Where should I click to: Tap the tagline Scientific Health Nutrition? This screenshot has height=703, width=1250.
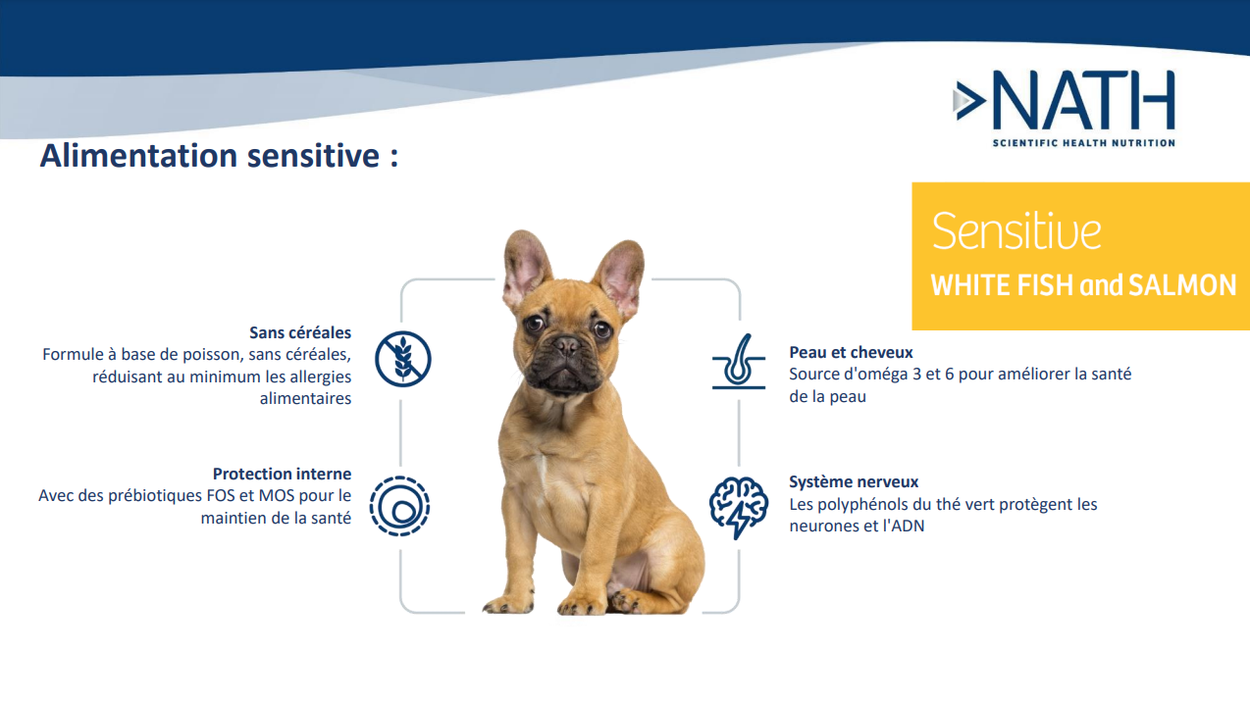pos(1084,143)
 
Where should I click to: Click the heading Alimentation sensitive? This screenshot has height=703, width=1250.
pos(219,156)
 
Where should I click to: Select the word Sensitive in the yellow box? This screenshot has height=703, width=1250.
pos(1016,230)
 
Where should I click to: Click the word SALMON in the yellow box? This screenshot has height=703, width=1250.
pos(1182,285)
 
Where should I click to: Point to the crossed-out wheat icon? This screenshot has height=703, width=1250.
pos(403,359)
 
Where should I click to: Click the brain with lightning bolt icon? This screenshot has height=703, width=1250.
pos(739,507)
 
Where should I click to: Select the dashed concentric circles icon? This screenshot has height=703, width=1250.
pos(399,506)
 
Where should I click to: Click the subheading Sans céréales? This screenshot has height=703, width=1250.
pos(300,332)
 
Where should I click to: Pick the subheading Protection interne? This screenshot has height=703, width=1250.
pos(282,474)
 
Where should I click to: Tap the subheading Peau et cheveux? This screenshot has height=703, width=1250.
pos(851,352)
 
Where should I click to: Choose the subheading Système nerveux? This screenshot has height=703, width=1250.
pos(854,481)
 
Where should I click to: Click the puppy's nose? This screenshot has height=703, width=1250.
pos(567,346)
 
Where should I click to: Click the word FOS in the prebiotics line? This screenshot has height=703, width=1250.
pos(221,495)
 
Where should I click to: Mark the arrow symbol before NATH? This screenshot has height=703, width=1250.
pos(969,100)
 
